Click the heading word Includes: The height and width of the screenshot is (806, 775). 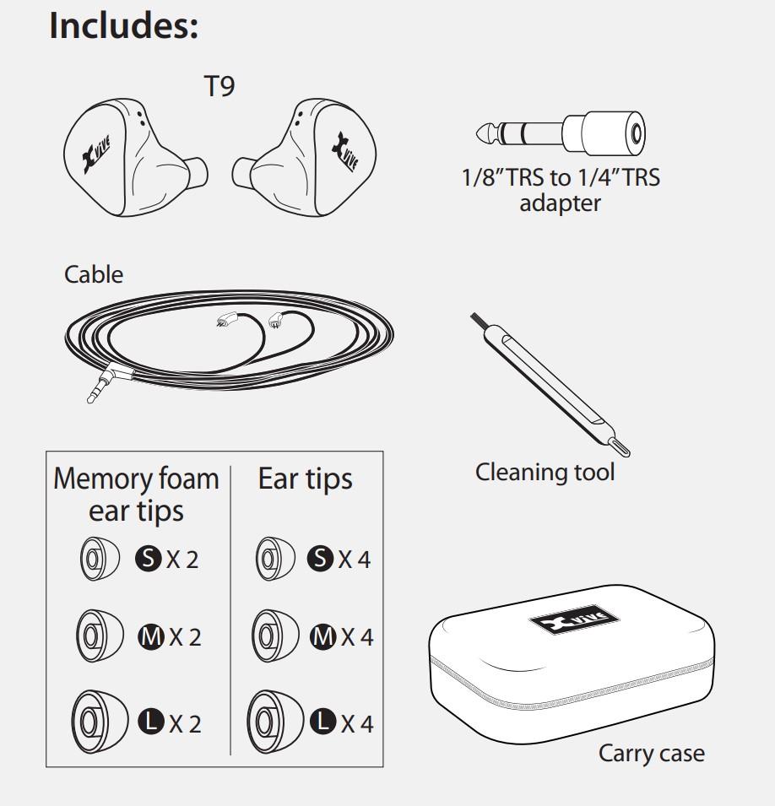124,25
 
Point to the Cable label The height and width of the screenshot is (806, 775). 94,274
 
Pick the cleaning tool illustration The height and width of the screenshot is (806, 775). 550,384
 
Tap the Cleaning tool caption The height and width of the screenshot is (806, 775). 545,472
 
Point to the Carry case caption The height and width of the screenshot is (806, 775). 651,752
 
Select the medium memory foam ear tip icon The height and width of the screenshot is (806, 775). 94,635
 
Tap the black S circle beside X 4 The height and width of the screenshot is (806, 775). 321,559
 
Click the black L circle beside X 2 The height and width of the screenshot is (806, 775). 149,722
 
